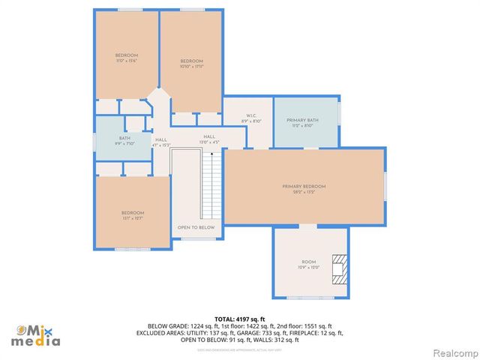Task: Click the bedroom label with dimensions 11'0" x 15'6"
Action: tap(126, 58)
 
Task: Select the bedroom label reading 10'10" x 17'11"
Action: tap(191, 64)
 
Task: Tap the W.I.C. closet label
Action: tap(251, 118)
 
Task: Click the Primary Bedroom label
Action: tap(304, 189)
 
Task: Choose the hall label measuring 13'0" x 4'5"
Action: tap(208, 139)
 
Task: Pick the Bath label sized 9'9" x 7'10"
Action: tap(124, 140)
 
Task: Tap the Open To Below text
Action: tap(196, 227)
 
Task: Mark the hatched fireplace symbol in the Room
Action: tap(340, 268)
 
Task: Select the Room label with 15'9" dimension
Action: tap(309, 265)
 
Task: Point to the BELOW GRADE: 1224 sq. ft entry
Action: tap(178, 326)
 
